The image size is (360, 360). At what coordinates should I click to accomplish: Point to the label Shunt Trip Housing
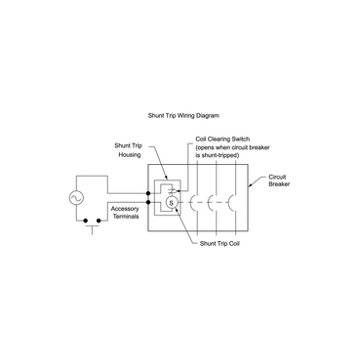coord(128,149)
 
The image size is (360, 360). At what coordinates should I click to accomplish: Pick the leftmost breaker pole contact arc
coord(195,203)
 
